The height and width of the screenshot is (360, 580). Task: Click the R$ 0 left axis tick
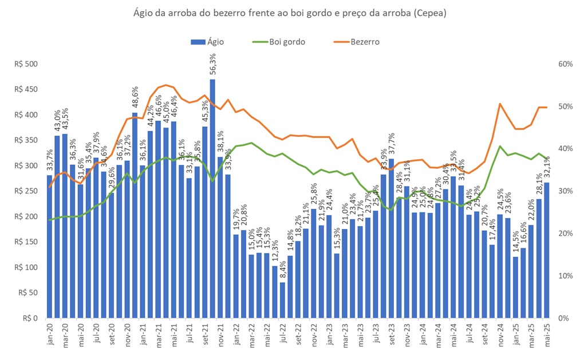pos(28,318)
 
